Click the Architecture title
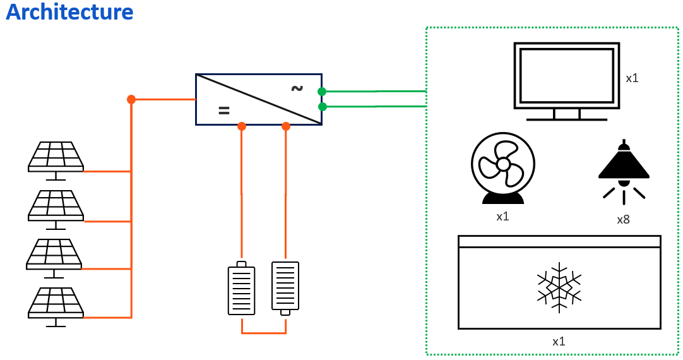[69, 12]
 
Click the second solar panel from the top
[56, 207]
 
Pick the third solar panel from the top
[54, 255]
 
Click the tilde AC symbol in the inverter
[297, 88]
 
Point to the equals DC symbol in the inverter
[223, 111]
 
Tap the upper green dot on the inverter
[322, 92]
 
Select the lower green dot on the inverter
[323, 107]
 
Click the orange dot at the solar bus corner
[131, 99]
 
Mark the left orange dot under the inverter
[242, 126]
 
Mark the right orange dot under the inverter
[286, 126]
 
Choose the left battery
[241, 289]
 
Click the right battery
[285, 287]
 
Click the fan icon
[503, 169]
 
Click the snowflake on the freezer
[559, 287]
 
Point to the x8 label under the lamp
[623, 220]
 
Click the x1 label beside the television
[632, 78]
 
